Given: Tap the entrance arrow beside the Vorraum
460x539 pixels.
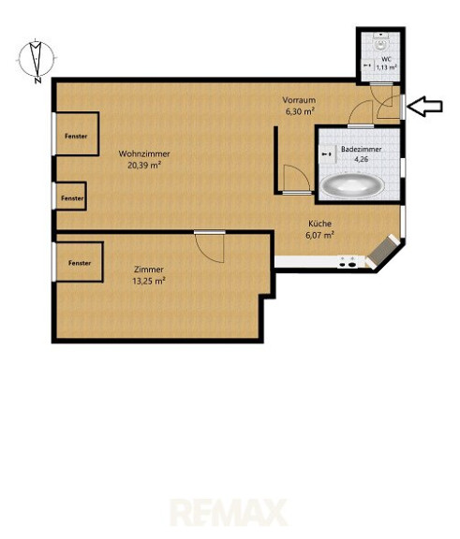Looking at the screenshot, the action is pyautogui.click(x=424, y=107).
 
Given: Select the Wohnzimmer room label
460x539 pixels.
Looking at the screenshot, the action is pyautogui.click(x=144, y=153).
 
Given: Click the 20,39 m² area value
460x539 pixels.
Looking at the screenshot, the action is pyautogui.click(x=144, y=166).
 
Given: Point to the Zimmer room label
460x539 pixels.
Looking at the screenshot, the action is pyautogui.click(x=149, y=269).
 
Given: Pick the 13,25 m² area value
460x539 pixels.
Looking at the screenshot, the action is pyautogui.click(x=149, y=281).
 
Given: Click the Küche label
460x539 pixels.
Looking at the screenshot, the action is pyautogui.click(x=320, y=224).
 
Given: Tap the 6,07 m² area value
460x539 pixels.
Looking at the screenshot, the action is pyautogui.click(x=320, y=235).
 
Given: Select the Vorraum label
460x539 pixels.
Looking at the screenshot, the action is pyautogui.click(x=299, y=100).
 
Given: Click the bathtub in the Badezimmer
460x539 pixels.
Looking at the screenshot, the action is pyautogui.click(x=352, y=185).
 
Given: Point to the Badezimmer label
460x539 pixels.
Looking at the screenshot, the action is pyautogui.click(x=362, y=149).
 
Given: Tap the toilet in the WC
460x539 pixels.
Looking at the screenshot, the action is pyautogui.click(x=380, y=43).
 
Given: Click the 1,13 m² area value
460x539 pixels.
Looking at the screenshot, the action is pyautogui.click(x=387, y=67).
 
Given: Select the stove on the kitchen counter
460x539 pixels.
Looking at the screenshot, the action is pyautogui.click(x=348, y=262).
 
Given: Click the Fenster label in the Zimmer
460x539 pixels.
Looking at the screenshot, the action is pyautogui.click(x=80, y=263).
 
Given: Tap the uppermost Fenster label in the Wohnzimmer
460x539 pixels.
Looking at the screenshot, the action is pyautogui.click(x=76, y=136).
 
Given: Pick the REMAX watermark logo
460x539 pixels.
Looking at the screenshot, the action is pyautogui.click(x=229, y=513).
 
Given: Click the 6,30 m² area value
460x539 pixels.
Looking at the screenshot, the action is pyautogui.click(x=299, y=111).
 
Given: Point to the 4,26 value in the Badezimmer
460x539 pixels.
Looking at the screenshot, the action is pyautogui.click(x=362, y=159).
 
